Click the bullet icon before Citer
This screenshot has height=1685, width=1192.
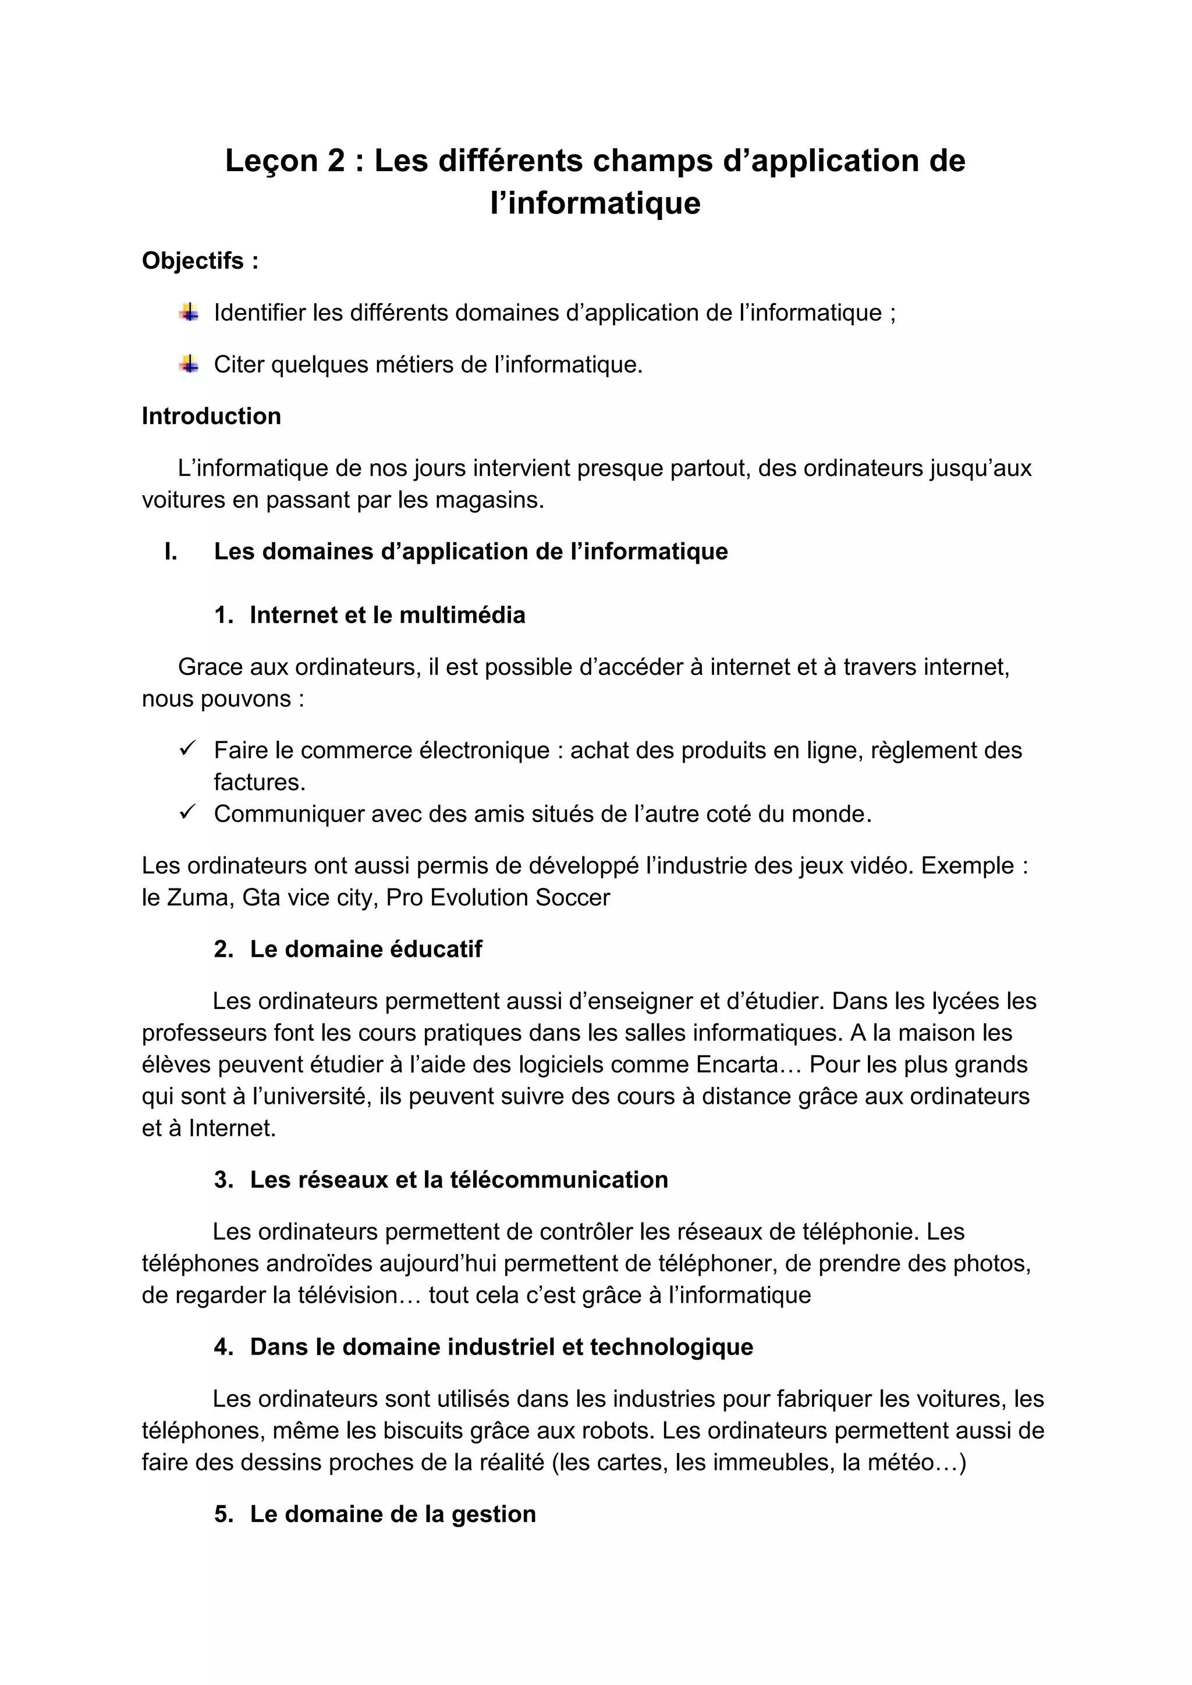(x=189, y=364)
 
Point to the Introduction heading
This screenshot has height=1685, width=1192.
(x=211, y=416)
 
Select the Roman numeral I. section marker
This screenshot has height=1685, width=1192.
(x=171, y=552)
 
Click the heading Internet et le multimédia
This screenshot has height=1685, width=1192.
(x=387, y=615)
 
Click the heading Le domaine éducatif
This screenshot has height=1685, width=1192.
(x=366, y=949)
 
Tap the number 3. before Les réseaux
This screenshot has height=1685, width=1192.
(x=223, y=1179)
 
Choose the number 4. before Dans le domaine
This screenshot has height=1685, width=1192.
(x=223, y=1347)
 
